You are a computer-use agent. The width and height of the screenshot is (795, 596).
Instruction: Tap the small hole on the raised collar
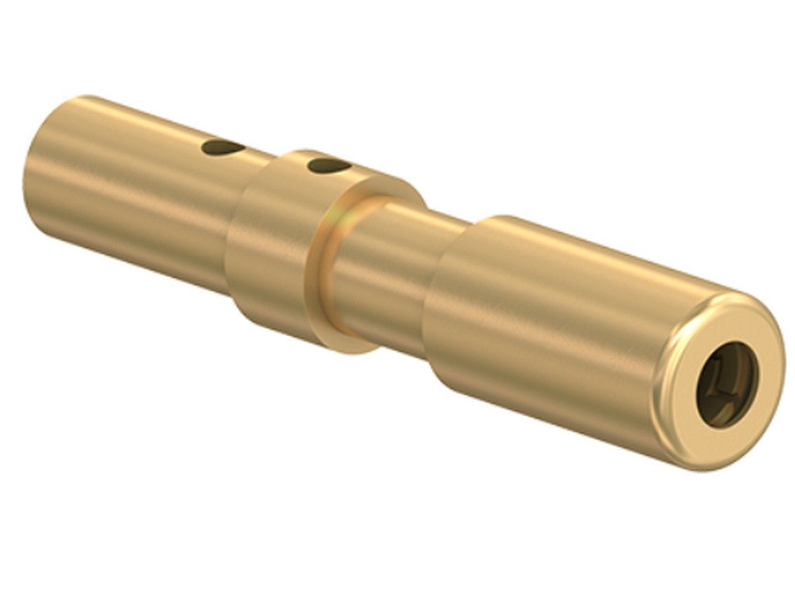tap(325, 165)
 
